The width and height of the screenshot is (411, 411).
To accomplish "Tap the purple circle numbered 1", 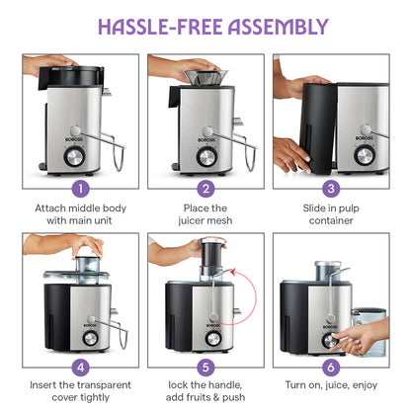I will (x=81, y=187).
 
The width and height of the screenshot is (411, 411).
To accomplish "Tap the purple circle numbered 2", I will (x=206, y=187).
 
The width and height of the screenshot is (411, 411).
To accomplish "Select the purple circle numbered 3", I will (x=331, y=187).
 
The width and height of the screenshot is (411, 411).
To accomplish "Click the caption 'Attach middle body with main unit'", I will (x=81, y=215).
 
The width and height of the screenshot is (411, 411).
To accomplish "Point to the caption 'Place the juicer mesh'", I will (x=206, y=215).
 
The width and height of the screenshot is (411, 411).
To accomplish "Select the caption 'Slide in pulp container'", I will (x=331, y=215).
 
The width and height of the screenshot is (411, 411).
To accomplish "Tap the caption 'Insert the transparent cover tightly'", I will (x=81, y=392).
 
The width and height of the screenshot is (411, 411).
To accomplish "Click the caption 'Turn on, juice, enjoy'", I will (x=331, y=385).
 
